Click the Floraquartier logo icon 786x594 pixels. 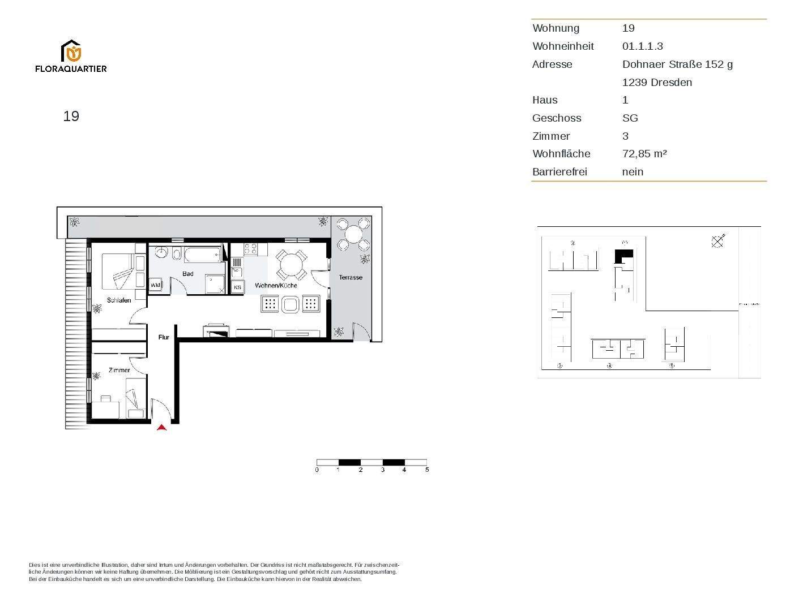click(71, 51)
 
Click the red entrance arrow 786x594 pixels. click(162, 428)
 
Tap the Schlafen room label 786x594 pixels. click(119, 300)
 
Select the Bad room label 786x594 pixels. click(188, 274)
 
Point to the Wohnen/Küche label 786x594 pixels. click(276, 286)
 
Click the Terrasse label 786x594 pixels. click(351, 277)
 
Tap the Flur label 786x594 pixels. click(164, 337)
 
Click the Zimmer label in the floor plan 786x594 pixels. click(119, 370)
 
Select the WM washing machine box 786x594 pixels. click(155, 285)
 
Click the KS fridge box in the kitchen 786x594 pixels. click(237, 287)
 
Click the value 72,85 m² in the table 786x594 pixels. click(644, 154)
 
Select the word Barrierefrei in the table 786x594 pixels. click(559, 172)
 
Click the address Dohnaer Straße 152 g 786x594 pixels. click(677, 64)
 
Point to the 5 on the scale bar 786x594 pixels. click(427, 470)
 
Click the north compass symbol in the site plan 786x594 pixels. click(717, 242)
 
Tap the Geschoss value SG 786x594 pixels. click(630, 118)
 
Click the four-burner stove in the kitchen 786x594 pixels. click(251, 248)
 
